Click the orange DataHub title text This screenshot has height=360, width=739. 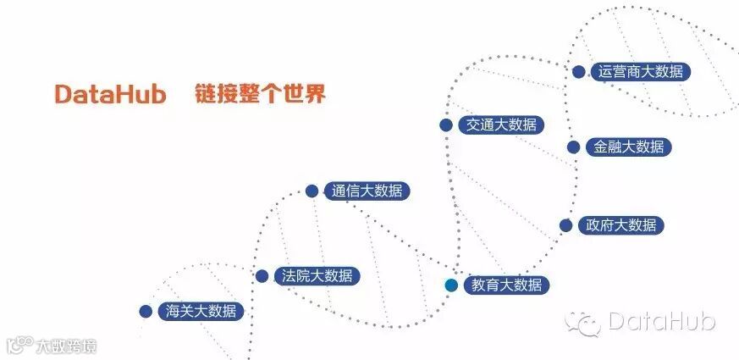(110, 94)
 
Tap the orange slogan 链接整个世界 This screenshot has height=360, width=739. (259, 94)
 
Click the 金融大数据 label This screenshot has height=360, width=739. (629, 147)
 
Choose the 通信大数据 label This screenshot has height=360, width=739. (367, 191)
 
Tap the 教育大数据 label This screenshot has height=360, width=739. (506, 285)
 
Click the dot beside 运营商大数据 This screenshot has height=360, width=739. (579, 72)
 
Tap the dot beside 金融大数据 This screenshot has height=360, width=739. (573, 147)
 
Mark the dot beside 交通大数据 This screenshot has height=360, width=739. (445, 125)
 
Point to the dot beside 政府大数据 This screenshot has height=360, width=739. (565, 225)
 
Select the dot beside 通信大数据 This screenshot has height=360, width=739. (312, 191)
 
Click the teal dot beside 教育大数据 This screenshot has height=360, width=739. (451, 285)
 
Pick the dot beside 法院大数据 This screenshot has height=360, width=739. (262, 276)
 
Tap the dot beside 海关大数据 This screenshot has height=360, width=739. (146, 312)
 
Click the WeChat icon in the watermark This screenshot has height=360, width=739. (584, 321)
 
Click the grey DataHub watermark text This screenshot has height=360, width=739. (661, 321)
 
